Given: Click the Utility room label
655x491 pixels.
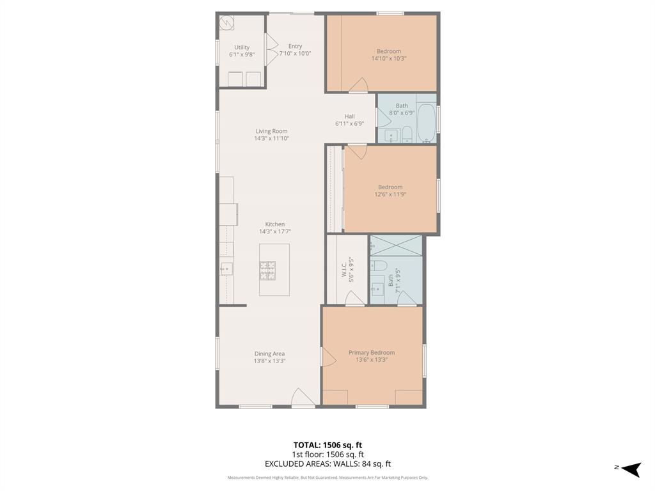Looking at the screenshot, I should point(242,47).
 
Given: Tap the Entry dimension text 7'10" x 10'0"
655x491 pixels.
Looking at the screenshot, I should point(295,54).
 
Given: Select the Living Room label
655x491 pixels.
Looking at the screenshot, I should point(271,131).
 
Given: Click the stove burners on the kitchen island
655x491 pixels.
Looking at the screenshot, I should point(267,270).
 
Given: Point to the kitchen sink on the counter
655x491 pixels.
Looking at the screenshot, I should point(225,269).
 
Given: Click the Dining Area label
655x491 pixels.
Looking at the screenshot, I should point(269,354).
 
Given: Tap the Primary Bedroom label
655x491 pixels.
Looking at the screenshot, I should point(371,352).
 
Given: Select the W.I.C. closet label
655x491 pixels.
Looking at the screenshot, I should point(344,269).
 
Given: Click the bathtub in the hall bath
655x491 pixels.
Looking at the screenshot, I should point(426,123).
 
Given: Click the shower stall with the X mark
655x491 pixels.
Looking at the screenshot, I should point(396,245).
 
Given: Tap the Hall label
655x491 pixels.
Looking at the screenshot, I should point(349,116).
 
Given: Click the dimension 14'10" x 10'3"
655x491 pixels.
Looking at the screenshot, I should point(388,58).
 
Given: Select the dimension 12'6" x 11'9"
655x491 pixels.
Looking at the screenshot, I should point(390,194).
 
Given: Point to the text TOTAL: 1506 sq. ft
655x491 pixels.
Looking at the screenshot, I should point(327,445).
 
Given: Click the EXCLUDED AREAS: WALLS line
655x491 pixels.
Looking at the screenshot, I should point(327,464).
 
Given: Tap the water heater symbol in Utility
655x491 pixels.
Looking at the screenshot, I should point(226,24).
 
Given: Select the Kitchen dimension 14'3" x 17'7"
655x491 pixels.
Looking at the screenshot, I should point(275,231).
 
